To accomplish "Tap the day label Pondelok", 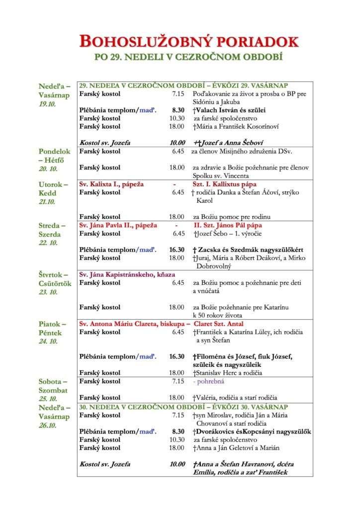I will (55, 151).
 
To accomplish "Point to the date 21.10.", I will (48, 202).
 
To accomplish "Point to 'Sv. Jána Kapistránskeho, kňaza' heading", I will (127, 274).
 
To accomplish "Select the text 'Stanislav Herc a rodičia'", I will (229, 373).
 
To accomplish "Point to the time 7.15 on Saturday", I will (178, 381).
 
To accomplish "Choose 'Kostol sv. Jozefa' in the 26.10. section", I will (105, 464).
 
